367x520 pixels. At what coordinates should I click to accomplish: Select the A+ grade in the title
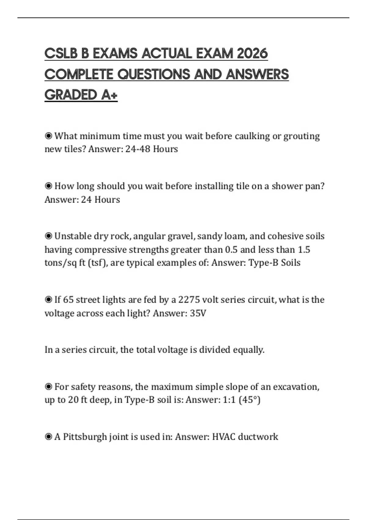pyautogui.click(x=109, y=95)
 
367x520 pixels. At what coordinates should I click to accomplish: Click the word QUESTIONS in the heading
pyautogui.click(x=154, y=74)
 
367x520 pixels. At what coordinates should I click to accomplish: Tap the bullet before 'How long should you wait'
pyautogui.click(x=48, y=186)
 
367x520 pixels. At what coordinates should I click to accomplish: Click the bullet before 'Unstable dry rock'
pyautogui.click(x=48, y=236)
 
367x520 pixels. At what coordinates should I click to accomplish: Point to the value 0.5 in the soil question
pyautogui.click(x=231, y=250)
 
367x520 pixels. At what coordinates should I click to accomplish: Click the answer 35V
pyautogui.click(x=198, y=313)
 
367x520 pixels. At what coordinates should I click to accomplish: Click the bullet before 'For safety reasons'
pyautogui.click(x=48, y=387)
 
